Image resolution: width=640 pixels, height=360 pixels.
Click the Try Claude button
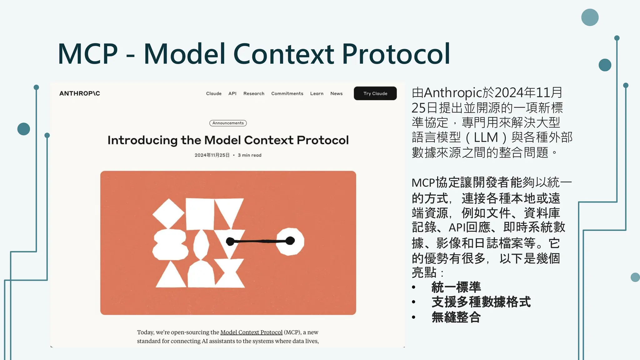[x=375, y=93]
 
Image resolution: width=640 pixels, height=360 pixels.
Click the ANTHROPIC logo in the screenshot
[x=80, y=93]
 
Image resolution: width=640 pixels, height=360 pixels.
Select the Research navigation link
[x=254, y=93]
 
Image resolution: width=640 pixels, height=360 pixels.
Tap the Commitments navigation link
[x=287, y=93]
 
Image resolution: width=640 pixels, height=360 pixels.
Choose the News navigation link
[x=336, y=93]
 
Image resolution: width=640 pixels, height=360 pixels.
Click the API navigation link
[x=232, y=93]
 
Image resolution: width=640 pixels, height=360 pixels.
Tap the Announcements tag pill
[x=228, y=123]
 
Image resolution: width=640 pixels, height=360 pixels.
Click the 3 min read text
[x=249, y=155]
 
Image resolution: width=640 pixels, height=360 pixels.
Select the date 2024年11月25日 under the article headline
[x=212, y=155]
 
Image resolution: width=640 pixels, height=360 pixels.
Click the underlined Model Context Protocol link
[x=251, y=332]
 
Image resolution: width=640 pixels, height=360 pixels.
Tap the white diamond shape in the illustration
[x=168, y=213]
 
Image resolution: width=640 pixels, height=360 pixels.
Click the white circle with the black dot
[x=290, y=241]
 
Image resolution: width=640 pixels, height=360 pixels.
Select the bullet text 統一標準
[x=456, y=287]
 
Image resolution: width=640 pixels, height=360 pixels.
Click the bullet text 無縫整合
[x=456, y=317]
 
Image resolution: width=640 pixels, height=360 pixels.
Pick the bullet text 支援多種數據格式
[x=481, y=302]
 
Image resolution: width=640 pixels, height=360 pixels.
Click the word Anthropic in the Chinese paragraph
[x=453, y=93]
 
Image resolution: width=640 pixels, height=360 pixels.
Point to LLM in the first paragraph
[x=486, y=137]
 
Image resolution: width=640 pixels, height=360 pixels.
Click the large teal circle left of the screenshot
[x=24, y=129]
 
